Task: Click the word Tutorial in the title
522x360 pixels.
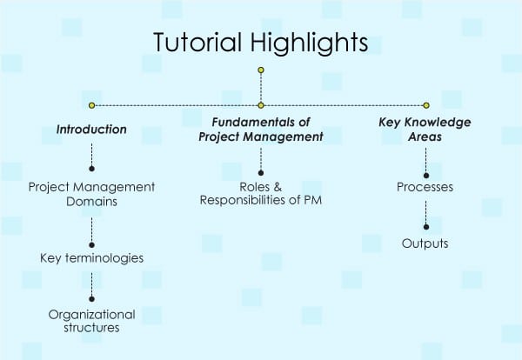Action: (197, 43)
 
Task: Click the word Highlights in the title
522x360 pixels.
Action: (309, 43)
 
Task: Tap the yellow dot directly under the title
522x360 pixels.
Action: (261, 70)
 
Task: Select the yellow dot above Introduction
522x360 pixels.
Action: (92, 105)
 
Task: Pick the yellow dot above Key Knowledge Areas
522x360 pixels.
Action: (426, 105)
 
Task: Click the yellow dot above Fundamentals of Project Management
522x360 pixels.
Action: (261, 105)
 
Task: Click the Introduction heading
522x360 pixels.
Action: (91, 129)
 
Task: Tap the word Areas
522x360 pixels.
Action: (425, 137)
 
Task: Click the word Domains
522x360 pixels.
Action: (91, 202)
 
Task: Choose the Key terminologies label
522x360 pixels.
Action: (92, 258)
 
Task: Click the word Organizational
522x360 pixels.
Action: (92, 315)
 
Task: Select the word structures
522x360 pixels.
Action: (91, 328)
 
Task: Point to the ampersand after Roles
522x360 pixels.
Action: (278, 187)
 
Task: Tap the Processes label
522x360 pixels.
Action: (425, 187)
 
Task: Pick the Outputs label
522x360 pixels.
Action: (425, 243)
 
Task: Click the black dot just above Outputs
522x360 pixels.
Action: (426, 227)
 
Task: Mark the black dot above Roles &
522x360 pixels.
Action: (261, 173)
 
